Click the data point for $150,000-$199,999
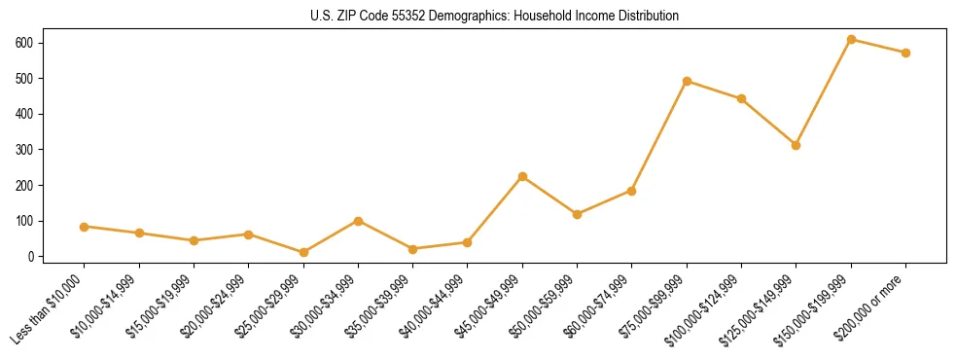[x=851, y=39]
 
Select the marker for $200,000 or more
[x=905, y=53]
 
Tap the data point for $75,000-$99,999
[x=687, y=81]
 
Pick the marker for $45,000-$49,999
[x=522, y=176]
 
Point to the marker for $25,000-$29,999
[x=303, y=252]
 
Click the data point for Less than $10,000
[x=85, y=227]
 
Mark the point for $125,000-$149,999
[x=796, y=145]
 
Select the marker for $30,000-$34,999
[x=358, y=221]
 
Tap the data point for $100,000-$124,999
[x=741, y=98]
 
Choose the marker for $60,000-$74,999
[x=632, y=191]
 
